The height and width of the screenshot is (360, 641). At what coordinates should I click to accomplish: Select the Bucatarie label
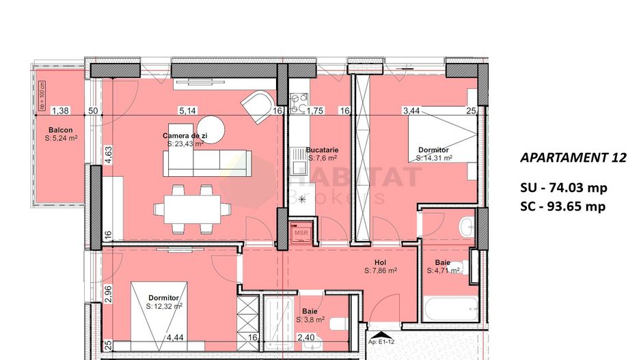323,150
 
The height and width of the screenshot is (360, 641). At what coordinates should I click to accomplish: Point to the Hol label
381,262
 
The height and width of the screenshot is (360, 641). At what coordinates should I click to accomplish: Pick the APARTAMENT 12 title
573,158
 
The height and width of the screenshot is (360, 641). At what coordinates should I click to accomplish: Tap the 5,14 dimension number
187,110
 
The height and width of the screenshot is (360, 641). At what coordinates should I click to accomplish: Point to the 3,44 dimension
411,110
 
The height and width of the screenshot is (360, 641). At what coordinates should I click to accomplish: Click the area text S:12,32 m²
164,306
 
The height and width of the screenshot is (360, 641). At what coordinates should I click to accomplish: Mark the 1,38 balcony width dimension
61,110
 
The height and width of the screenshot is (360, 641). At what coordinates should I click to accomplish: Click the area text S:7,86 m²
381,271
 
